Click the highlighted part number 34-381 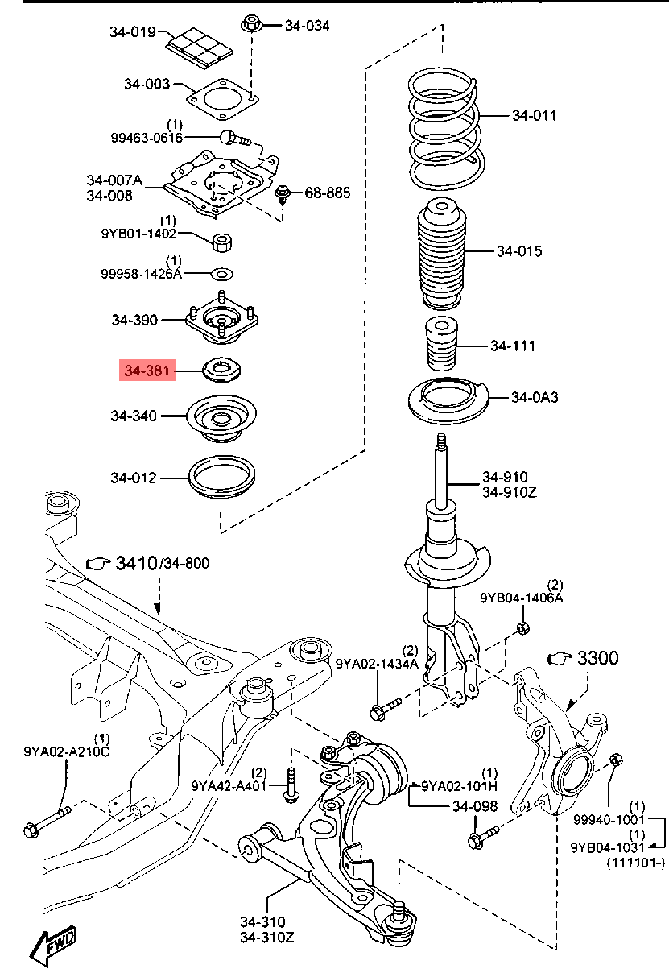(147, 371)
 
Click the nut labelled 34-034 (251, 24)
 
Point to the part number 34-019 (132, 31)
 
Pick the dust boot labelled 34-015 (441, 253)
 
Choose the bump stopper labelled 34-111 (440, 344)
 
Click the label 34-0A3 (535, 397)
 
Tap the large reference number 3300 (598, 658)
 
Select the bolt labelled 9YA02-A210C (47, 822)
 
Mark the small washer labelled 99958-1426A (222, 274)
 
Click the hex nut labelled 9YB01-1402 (222, 242)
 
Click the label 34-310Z (267, 938)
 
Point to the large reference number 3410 (136, 563)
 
